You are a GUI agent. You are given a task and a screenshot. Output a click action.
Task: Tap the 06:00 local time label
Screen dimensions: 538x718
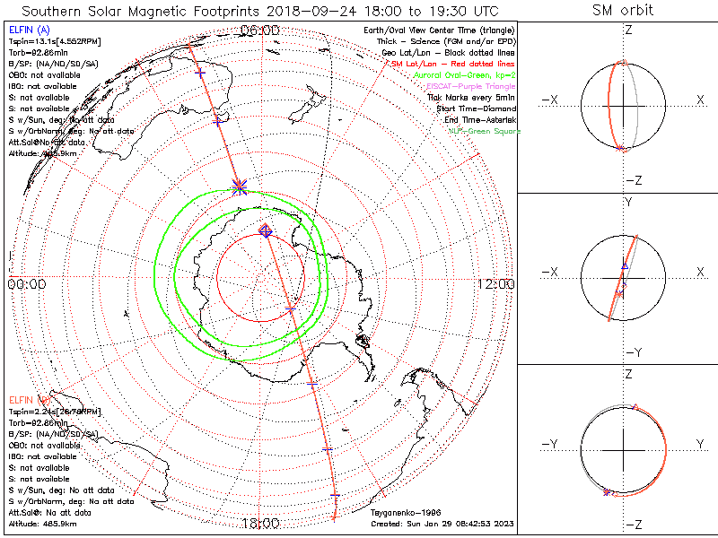click(260, 31)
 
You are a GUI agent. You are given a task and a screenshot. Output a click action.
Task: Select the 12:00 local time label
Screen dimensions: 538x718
click(495, 284)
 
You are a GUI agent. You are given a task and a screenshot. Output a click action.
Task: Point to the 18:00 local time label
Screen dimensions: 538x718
click(260, 523)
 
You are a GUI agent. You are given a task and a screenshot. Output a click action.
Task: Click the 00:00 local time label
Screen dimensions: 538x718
click(27, 284)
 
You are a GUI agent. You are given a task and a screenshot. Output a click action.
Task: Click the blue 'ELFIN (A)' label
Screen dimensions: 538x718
click(28, 30)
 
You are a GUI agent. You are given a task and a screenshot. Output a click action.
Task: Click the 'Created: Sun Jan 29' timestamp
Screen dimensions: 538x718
click(442, 523)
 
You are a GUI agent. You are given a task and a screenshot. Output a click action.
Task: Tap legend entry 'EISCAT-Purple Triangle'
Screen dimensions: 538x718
click(470, 86)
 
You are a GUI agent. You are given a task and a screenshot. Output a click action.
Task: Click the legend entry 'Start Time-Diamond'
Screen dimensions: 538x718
click(477, 108)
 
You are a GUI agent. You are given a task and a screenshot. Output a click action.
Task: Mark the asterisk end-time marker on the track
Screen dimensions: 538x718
click(240, 186)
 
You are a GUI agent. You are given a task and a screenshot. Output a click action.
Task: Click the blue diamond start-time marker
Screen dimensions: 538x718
click(266, 230)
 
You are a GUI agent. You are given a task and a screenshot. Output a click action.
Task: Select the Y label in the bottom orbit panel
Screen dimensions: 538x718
click(699, 444)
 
